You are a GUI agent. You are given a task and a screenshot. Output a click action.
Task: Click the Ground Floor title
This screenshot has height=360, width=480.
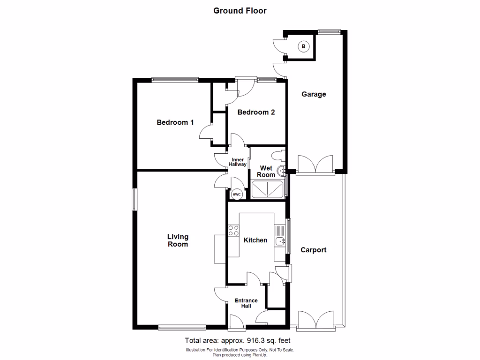coord(240,10)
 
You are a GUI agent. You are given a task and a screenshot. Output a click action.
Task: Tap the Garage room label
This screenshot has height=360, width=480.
coord(314,94)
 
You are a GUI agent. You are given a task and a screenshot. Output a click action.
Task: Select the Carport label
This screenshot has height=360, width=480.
coord(313,250)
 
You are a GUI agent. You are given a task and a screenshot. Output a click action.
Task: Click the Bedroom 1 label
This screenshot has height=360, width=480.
coord(175,122)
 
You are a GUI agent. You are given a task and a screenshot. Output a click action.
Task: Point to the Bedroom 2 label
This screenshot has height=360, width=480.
coord(255,112)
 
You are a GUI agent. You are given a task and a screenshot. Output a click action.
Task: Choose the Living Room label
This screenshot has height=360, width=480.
coord(178,240)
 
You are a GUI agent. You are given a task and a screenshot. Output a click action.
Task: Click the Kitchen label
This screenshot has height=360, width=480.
coord(255,240)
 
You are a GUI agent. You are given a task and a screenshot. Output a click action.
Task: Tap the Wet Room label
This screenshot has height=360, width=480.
coord(266,171)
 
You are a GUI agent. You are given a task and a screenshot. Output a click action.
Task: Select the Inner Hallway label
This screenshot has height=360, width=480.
coord(237,162)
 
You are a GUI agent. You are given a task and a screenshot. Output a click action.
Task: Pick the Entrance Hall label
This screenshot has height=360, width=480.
coord(246,303)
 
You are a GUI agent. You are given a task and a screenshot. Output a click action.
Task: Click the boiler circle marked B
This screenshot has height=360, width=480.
coord(304,46)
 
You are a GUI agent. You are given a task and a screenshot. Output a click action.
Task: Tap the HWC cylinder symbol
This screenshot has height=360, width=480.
coord(236,194)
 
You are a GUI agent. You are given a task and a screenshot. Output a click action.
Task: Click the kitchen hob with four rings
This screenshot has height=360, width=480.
coord(233,230)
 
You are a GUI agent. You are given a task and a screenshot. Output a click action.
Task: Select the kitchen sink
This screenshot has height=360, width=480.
coord(280,241)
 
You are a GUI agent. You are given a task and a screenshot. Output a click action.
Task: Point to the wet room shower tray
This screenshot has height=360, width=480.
coord(268,189)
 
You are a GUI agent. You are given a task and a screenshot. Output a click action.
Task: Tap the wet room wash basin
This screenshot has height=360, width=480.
coord(281,171)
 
